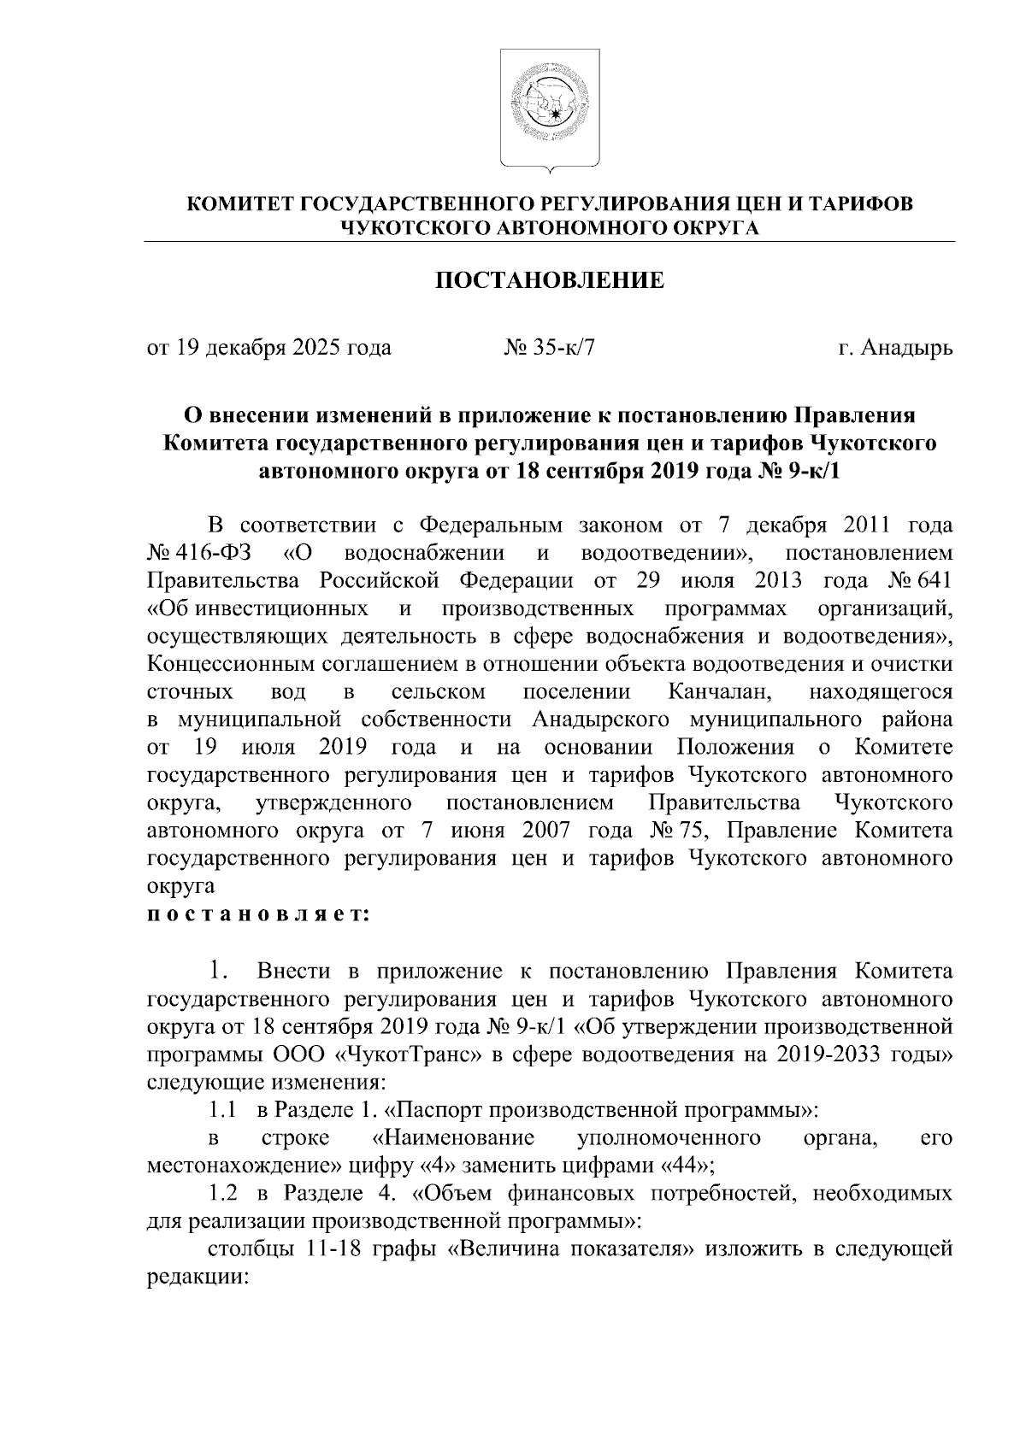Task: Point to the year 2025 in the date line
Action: click(316, 348)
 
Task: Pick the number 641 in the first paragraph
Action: click(933, 580)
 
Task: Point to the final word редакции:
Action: click(198, 1276)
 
